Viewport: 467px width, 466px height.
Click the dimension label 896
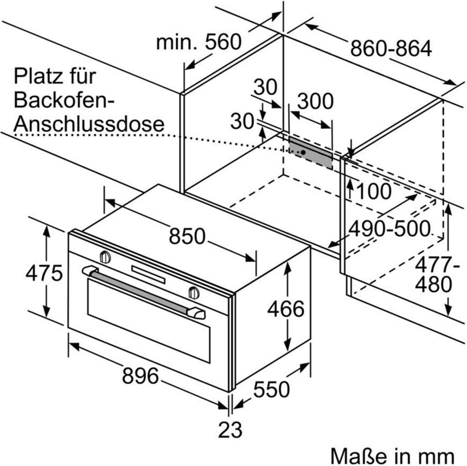[140, 375]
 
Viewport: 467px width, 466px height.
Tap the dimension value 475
[44, 273]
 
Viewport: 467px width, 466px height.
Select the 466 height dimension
[285, 309]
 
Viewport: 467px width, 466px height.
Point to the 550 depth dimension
[271, 389]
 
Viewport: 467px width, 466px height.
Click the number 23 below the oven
[230, 430]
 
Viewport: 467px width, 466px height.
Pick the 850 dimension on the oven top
[187, 236]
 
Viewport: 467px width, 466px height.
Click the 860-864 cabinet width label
[391, 48]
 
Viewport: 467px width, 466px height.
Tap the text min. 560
[199, 42]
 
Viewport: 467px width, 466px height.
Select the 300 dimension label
[315, 101]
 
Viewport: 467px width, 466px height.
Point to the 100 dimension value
[374, 191]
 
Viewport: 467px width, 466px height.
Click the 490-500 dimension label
[389, 229]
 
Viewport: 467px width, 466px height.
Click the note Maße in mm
[393, 456]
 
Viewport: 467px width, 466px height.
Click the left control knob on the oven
[105, 257]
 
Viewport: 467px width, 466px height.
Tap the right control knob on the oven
[194, 293]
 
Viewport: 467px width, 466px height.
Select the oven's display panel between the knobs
[148, 274]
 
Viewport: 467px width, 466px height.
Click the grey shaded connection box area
[310, 153]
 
